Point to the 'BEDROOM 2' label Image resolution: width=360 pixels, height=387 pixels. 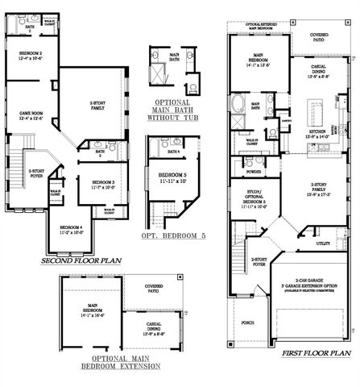click(31, 55)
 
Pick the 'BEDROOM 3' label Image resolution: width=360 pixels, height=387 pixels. click(105, 185)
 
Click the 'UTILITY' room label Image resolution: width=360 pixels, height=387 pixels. click(324, 242)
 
